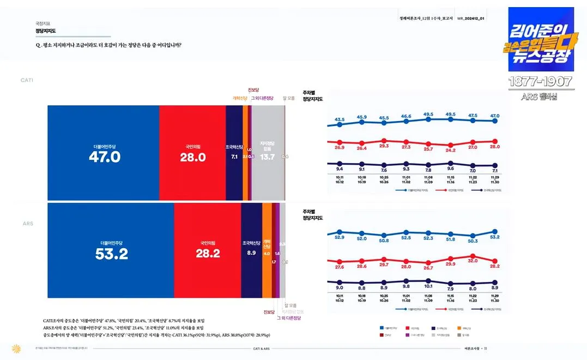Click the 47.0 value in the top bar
point(104,157)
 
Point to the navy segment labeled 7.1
point(234,157)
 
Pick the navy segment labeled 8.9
point(251,253)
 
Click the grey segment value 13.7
point(268,157)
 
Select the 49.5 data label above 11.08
point(428,115)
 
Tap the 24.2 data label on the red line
point(451,150)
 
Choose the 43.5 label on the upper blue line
point(340,119)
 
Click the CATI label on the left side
point(27,80)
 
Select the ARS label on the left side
point(28,224)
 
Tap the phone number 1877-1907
point(540,82)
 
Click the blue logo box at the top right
point(540,39)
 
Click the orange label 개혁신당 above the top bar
point(240,99)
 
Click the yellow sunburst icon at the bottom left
point(16,348)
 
